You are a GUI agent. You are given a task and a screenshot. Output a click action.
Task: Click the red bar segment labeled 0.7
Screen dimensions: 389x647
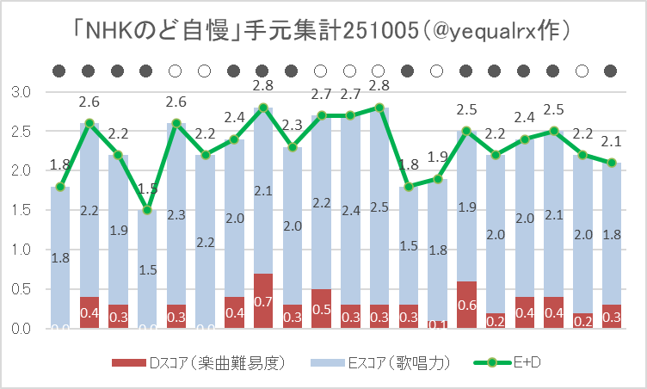[263, 300]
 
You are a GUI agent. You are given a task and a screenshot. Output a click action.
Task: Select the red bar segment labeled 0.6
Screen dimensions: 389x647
[466, 305]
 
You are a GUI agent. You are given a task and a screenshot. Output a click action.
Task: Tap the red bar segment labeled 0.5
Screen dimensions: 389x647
[321, 308]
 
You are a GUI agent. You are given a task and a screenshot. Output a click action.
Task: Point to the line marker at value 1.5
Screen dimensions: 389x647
[147, 210]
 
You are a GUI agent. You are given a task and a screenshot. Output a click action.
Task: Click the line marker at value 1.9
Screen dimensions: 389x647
[437, 178]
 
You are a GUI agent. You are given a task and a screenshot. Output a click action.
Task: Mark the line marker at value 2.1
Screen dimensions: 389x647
[611, 163]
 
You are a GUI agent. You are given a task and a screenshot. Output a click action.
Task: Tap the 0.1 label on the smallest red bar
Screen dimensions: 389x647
[437, 324]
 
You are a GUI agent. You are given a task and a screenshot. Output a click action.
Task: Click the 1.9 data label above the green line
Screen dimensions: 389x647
[437, 157]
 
